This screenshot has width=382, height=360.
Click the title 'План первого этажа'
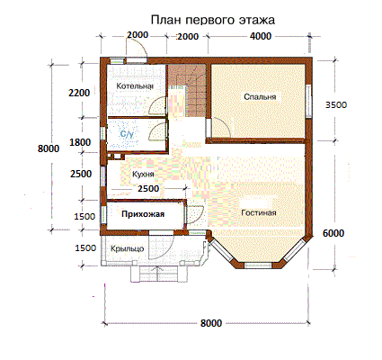pos(213,20)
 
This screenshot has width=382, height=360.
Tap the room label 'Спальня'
pos(260,97)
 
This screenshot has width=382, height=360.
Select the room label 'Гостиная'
pos(259,212)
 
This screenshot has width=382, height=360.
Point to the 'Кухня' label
pos(143,174)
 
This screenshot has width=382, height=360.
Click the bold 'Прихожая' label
pos(143,214)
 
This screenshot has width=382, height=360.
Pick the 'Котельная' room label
pos(135,86)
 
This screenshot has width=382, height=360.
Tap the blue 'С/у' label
pos(127,134)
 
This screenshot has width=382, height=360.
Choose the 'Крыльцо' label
pos(128,248)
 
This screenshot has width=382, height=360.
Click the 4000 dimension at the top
pos(261,36)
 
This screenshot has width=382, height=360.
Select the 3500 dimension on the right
pos(336,104)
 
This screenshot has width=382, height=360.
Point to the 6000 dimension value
pos(333,233)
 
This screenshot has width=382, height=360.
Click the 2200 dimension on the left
pos(79,93)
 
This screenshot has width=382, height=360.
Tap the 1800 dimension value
pos(80,142)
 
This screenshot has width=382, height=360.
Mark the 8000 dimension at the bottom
pos(211,323)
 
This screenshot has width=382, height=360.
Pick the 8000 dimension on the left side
pos(49,148)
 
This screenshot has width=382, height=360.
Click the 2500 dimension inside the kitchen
pos(148,189)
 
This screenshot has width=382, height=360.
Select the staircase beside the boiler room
pos(187,91)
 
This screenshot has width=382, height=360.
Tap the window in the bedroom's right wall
pos(308,100)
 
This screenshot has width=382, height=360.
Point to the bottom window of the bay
pos(258,265)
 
